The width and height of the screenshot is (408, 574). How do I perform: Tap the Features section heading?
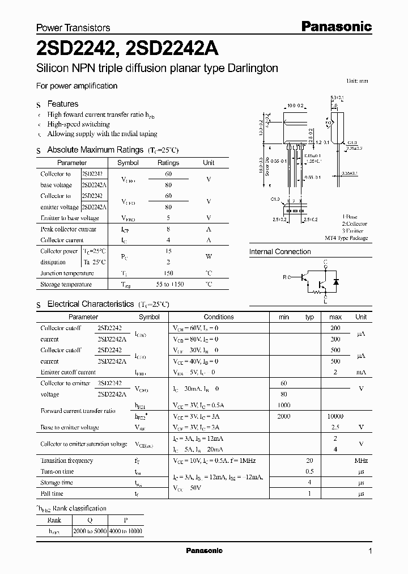(x=63, y=104)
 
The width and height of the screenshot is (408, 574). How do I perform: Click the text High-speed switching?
(x=79, y=124)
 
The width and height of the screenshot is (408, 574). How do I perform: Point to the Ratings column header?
(x=168, y=163)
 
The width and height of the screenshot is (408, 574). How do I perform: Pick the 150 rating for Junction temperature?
(x=168, y=273)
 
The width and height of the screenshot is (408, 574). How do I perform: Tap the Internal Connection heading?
(x=280, y=251)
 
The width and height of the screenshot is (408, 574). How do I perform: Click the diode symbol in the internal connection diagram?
(x=335, y=281)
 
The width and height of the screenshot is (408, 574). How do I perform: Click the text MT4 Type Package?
(x=346, y=238)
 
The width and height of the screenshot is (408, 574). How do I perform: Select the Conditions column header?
(x=219, y=317)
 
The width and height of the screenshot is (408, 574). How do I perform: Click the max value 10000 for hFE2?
(x=335, y=416)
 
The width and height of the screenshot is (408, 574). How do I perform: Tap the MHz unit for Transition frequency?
(x=361, y=461)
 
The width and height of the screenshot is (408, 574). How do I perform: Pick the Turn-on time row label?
(x=57, y=472)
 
